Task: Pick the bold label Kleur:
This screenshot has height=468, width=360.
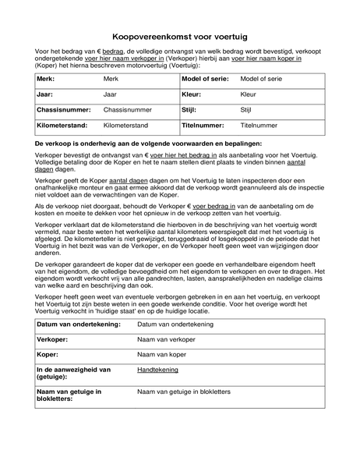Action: point(192,94)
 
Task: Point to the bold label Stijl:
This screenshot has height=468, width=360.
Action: point(190,110)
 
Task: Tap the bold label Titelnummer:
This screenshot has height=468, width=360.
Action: point(205,125)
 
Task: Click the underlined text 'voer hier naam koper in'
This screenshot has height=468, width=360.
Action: point(266,58)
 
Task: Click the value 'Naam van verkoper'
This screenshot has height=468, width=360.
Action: point(166,340)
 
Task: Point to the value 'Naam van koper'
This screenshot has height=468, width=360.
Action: point(161,355)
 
